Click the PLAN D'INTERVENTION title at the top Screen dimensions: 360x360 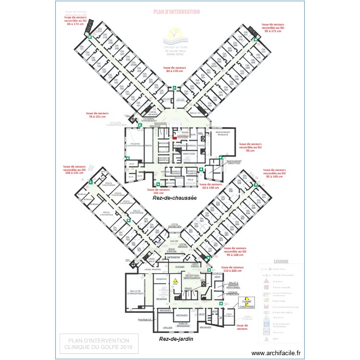[176, 12]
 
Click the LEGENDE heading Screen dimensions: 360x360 [281, 262]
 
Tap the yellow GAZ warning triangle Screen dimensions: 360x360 [175, 280]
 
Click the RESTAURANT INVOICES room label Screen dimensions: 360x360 [222, 133]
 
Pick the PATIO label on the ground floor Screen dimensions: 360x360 [148, 145]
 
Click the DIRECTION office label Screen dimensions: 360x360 [189, 154]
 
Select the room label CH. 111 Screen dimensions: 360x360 [82, 49]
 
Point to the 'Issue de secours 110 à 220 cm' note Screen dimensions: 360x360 [232, 270]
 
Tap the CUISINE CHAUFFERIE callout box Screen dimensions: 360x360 [247, 302]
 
